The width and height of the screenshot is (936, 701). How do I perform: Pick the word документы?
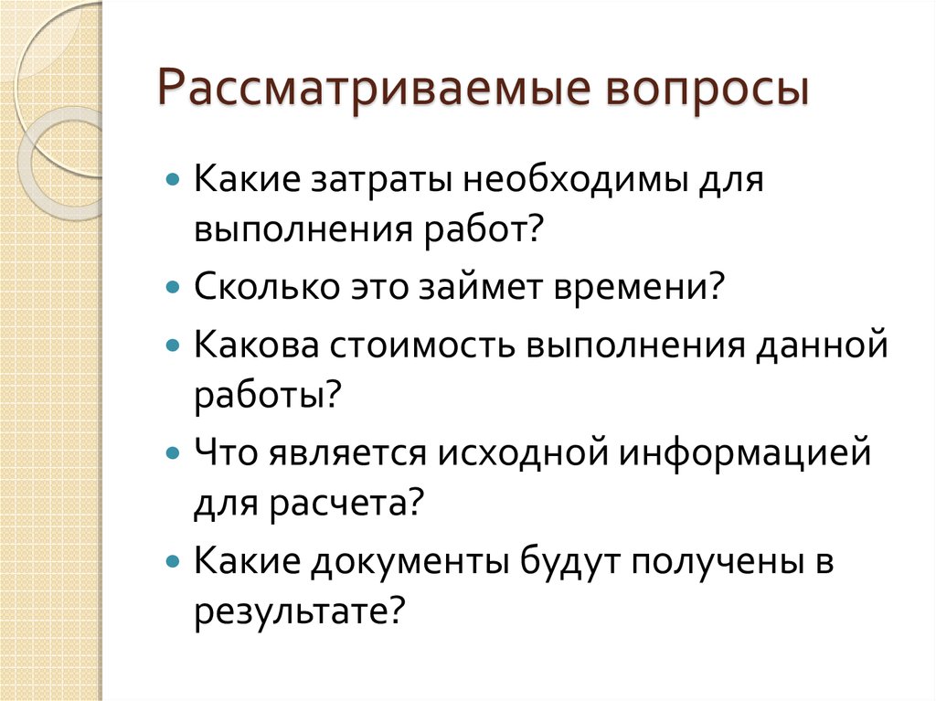tap(412, 559)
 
